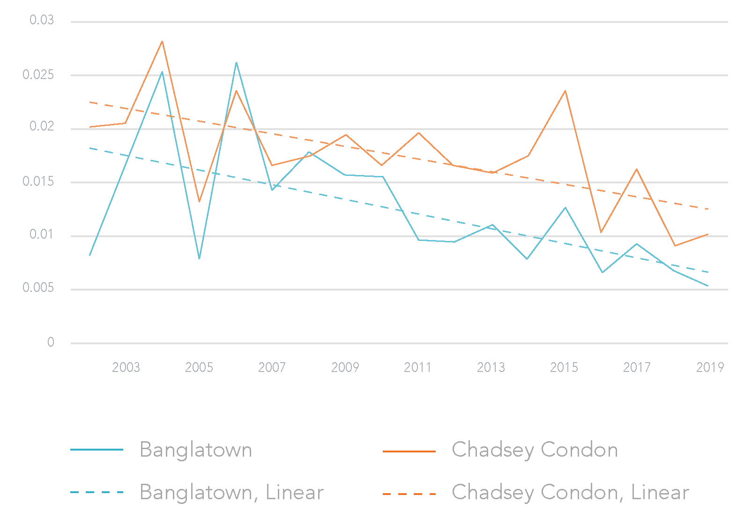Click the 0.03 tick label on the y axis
[x=42, y=20]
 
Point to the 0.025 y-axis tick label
[x=38, y=75]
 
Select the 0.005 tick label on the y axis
[x=38, y=288]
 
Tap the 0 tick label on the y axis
[x=51, y=342]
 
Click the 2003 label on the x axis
[x=126, y=367]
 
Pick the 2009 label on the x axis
[x=345, y=367]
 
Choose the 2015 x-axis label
[x=564, y=367]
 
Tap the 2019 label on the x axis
[x=710, y=367]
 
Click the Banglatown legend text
[x=196, y=450]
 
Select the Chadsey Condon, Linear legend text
[x=570, y=492]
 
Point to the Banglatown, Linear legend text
[x=231, y=492]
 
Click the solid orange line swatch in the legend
[x=409, y=451]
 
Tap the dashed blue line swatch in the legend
[x=97, y=492]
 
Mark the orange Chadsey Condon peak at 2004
[x=162, y=41]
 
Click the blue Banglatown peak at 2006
[x=236, y=62]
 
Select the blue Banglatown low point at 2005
[x=199, y=259]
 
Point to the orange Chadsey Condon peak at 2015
[x=565, y=90]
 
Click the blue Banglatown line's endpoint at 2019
[x=708, y=286]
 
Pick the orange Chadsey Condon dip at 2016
[x=601, y=233]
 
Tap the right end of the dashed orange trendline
[x=708, y=209]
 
